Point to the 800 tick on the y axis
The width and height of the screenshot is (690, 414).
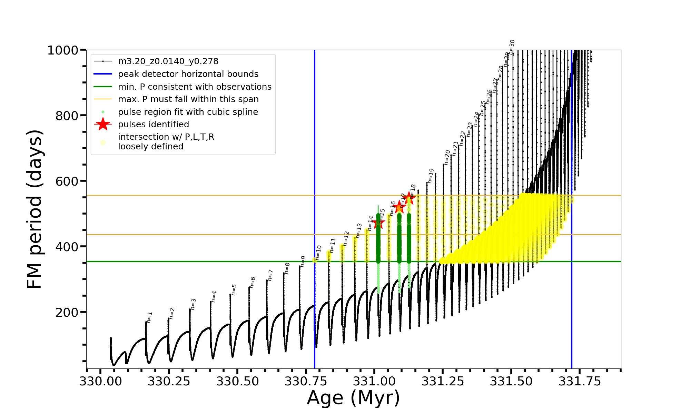(67, 116)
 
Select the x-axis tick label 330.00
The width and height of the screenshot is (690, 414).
(100, 381)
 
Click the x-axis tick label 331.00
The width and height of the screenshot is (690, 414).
(374, 381)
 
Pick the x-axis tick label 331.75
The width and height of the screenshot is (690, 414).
(580, 381)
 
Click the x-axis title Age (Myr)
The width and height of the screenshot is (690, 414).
(353, 398)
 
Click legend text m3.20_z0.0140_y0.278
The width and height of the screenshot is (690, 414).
(168, 61)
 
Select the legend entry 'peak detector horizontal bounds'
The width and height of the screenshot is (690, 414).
(188, 74)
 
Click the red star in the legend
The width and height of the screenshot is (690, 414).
(103, 124)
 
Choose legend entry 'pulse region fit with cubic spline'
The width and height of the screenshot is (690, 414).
(188, 112)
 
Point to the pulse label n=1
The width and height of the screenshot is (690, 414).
(149, 317)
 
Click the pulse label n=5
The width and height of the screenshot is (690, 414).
(234, 290)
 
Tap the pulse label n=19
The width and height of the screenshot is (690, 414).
(431, 176)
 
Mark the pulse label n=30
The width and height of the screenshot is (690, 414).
(512, 47)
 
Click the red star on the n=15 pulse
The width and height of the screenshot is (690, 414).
(378, 223)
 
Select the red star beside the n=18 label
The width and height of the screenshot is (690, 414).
(409, 198)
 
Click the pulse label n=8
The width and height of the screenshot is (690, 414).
(287, 268)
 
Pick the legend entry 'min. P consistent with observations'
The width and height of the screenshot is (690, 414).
(195, 87)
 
